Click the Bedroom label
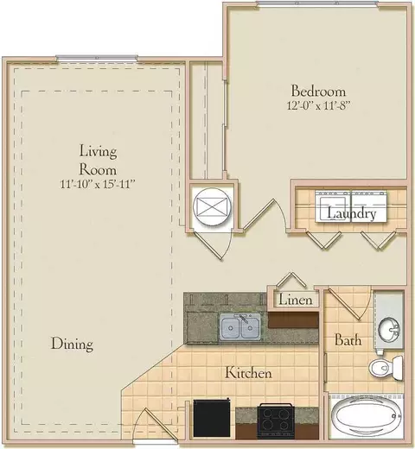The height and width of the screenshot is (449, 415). pyautogui.click(x=318, y=91)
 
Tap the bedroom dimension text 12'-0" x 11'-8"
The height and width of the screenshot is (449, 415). pyautogui.click(x=318, y=105)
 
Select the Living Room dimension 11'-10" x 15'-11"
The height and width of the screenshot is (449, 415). pyautogui.click(x=98, y=184)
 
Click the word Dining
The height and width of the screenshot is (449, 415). pyautogui.click(x=72, y=344)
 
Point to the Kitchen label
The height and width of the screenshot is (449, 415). pyautogui.click(x=248, y=373)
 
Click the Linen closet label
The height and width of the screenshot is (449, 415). pyautogui.click(x=296, y=300)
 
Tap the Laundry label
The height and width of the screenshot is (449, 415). pyautogui.click(x=352, y=213)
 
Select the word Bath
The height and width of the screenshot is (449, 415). pyautogui.click(x=348, y=340)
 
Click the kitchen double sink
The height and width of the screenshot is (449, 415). pyautogui.click(x=240, y=327)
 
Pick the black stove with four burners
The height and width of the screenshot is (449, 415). pyautogui.click(x=276, y=421)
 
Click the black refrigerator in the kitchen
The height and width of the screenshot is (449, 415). pyautogui.click(x=212, y=418)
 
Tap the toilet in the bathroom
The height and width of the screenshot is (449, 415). pyautogui.click(x=386, y=368)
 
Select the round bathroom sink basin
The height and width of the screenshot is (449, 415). pyautogui.click(x=389, y=329)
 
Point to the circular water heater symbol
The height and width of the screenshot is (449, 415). pyautogui.click(x=212, y=206)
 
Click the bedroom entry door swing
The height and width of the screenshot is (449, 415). pyautogui.click(x=265, y=216)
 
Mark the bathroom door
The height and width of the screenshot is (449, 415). pyautogui.click(x=348, y=304)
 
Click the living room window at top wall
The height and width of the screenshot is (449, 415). pyautogui.click(x=97, y=58)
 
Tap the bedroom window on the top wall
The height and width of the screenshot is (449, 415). pyautogui.click(x=317, y=3)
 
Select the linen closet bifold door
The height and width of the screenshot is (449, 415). pyautogui.click(x=291, y=280)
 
